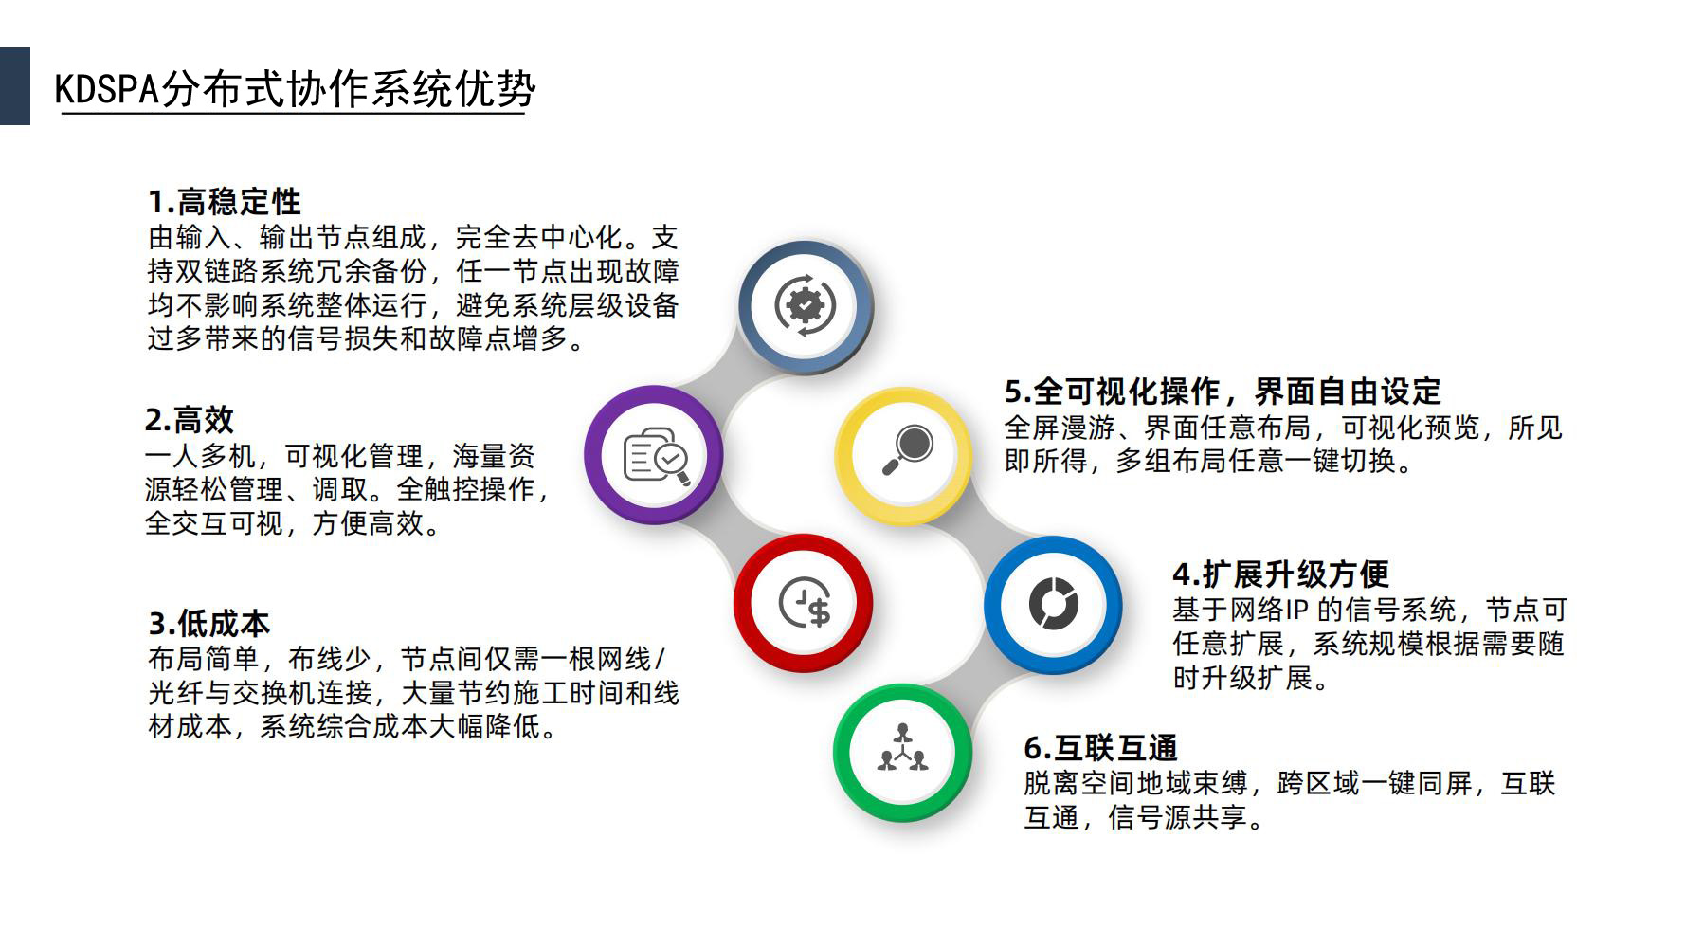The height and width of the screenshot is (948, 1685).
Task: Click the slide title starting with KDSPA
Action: (x=295, y=90)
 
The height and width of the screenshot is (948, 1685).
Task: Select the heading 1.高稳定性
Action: (x=225, y=202)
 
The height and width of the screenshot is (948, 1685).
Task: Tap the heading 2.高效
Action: (x=190, y=419)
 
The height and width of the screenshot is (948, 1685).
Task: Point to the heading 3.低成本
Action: (x=209, y=623)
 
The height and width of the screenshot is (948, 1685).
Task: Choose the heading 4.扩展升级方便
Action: (x=1281, y=574)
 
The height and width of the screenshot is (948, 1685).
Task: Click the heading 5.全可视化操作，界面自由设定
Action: (x=1223, y=391)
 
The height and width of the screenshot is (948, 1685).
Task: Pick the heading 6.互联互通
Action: (x=1100, y=748)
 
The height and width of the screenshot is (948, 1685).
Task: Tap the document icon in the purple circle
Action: (x=656, y=456)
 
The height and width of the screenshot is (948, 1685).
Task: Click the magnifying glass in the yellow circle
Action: (x=907, y=450)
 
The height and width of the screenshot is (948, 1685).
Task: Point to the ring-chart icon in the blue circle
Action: (x=1053, y=603)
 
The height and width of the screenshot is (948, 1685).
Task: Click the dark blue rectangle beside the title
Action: (x=15, y=86)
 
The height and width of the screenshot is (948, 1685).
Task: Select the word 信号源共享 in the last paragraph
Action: (x=1177, y=816)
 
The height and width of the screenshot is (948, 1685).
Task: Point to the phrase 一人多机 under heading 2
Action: (x=200, y=456)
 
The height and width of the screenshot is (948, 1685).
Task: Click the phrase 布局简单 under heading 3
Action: (x=204, y=659)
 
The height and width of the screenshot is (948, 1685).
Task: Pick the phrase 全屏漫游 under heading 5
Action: (x=1060, y=428)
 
